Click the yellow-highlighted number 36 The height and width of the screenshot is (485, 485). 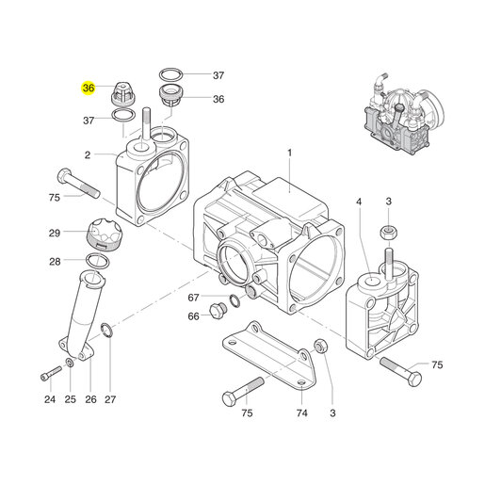tap(89, 88)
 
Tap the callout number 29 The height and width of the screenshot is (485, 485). tap(55, 233)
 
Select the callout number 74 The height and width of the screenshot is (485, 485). tap(301, 412)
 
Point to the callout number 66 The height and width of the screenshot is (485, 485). tap(193, 316)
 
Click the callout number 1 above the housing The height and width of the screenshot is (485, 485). tap(289, 153)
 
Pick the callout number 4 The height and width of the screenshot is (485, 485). tap(359, 202)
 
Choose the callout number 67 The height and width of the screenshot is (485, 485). tap(193, 298)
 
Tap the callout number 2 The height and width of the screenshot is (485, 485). tap(88, 154)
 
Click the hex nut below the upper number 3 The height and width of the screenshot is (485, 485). tap(389, 233)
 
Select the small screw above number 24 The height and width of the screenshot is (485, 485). tap(51, 373)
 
